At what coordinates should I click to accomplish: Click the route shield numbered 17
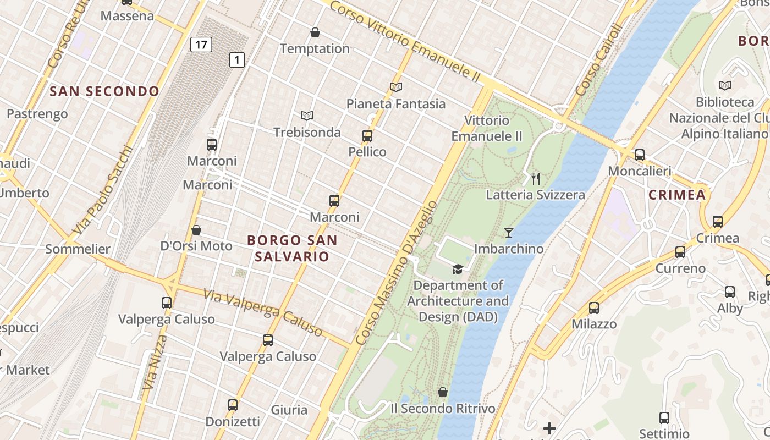[x=201, y=44]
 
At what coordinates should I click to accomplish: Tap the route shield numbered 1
[x=237, y=59]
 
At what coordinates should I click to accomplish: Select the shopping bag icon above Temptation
[x=315, y=32]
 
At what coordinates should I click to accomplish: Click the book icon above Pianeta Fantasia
[x=396, y=87]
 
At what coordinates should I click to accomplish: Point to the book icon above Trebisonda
[x=307, y=116]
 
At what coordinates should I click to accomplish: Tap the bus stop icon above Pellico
[x=367, y=136]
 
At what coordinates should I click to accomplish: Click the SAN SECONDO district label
[x=105, y=91]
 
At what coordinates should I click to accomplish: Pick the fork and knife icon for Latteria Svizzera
[x=536, y=178]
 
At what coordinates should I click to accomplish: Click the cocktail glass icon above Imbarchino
[x=509, y=233]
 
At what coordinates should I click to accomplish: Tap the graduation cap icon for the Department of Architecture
[x=458, y=269]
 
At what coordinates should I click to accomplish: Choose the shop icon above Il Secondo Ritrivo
[x=442, y=392]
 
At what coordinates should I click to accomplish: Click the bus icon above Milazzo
[x=594, y=308]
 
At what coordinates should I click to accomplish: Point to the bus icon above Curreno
[x=680, y=252]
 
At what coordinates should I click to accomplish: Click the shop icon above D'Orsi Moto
[x=196, y=229]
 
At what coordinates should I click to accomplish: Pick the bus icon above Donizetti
[x=233, y=405]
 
